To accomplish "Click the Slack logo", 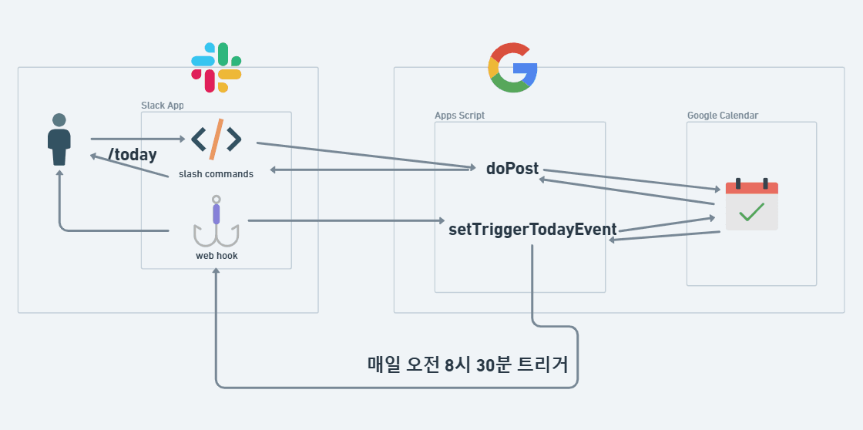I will (x=217, y=68).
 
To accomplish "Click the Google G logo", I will (x=512, y=68).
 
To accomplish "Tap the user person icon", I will (x=59, y=139).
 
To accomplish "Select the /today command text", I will (x=133, y=155).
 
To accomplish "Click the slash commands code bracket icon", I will (x=216, y=139).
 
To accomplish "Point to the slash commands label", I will (x=216, y=174).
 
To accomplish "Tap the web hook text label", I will (x=217, y=255).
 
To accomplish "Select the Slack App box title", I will (x=162, y=106).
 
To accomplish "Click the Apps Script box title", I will (x=459, y=116).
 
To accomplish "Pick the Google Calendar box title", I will (x=722, y=116).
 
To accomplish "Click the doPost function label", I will (x=512, y=169).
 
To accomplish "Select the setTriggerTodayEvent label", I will (x=532, y=230).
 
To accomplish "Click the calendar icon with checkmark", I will (x=751, y=206).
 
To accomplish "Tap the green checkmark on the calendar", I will (x=751, y=212).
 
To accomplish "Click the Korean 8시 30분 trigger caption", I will (x=468, y=364).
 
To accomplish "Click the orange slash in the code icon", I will (x=217, y=139).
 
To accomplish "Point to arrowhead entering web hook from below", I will (x=217, y=274).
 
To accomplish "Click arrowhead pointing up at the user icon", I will (x=59, y=174).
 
